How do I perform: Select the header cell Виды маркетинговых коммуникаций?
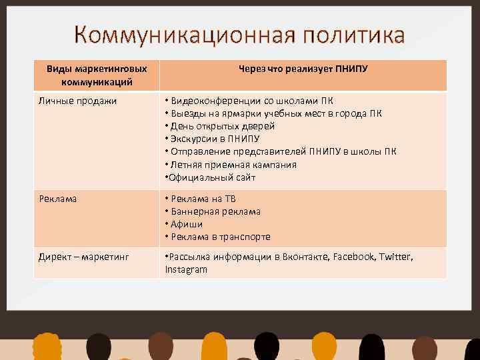coord(97,75)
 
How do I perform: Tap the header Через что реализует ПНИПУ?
coord(303,69)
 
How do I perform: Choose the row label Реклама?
coord(57,199)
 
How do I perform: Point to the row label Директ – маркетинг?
coord(83,257)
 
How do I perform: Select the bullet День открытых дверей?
coord(223,126)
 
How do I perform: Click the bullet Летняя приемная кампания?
coord(233,165)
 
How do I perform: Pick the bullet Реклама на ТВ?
coord(203,199)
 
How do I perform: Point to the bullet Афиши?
coord(187,224)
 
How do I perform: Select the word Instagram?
coord(186,269)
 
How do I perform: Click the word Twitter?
coord(396,257)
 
